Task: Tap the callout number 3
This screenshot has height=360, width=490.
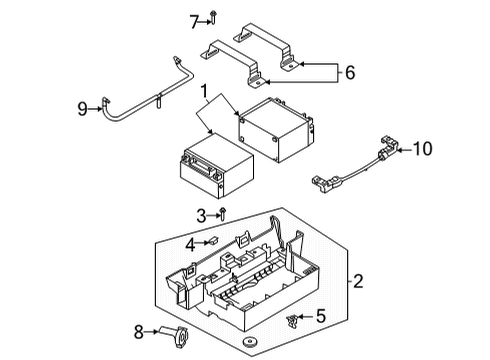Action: (x=200, y=214)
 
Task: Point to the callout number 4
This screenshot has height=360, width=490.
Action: (x=190, y=242)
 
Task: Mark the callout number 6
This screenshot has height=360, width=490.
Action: (x=348, y=72)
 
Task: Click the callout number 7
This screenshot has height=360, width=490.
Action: (x=193, y=19)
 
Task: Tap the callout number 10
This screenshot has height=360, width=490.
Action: (x=422, y=149)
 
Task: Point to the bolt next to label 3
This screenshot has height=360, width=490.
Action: (x=223, y=212)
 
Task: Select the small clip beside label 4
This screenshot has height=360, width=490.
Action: (x=212, y=241)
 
